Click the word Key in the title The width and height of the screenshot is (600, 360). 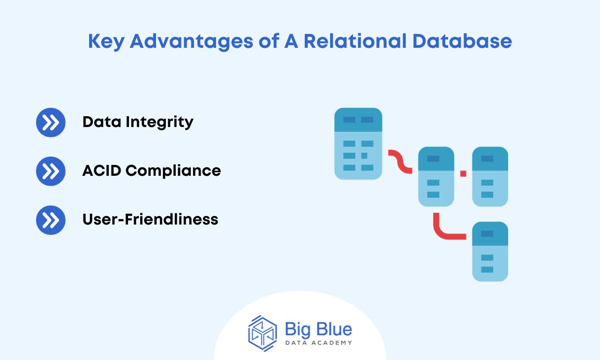[x=106, y=42]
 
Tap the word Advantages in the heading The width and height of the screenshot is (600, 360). [x=192, y=42]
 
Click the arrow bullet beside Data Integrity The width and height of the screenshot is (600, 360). [x=51, y=122]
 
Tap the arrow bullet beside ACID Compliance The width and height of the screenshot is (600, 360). [x=51, y=171]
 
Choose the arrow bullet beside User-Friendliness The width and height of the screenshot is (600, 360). [x=51, y=220]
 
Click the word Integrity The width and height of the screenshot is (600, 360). [x=159, y=123]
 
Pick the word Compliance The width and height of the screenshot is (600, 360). [x=173, y=171]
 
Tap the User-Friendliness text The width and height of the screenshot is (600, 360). [x=150, y=219]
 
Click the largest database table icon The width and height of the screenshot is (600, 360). [x=358, y=143]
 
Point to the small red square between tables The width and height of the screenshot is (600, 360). [x=464, y=173]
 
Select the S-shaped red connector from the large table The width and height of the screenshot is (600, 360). [x=400, y=162]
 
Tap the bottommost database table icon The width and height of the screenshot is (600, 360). [x=490, y=252]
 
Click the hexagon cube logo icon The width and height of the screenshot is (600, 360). [x=262, y=333]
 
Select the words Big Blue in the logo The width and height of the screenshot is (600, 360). [x=318, y=329]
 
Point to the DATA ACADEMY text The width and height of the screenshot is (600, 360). [x=318, y=343]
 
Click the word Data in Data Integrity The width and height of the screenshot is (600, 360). [x=102, y=122]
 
